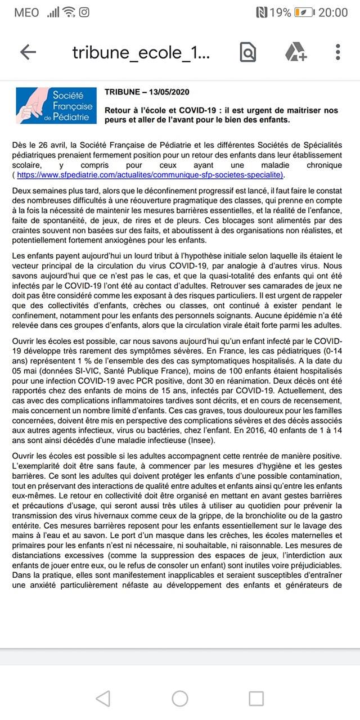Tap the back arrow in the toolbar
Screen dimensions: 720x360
click(28, 52)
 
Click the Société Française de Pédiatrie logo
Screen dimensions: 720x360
click(55, 105)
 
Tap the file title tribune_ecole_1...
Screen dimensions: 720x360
click(141, 52)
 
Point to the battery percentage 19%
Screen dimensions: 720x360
click(280, 12)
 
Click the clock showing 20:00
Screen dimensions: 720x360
click(333, 12)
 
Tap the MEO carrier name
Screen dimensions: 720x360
click(27, 12)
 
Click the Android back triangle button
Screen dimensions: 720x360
click(103, 699)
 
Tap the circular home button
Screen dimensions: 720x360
click(180, 699)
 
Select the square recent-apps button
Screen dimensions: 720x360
click(256, 699)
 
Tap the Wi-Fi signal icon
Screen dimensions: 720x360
click(69, 12)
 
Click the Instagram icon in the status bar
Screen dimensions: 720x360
click(84, 12)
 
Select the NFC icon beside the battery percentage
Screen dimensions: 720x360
click(261, 12)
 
